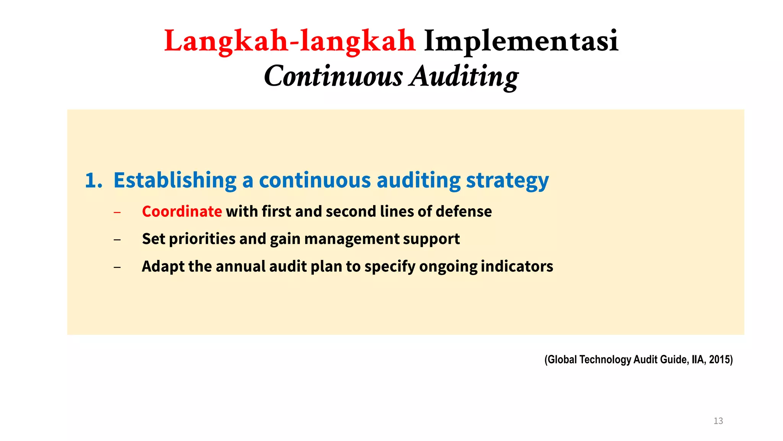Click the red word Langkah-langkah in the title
tap(289, 41)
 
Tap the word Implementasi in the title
tap(521, 41)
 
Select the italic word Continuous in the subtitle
tap(333, 76)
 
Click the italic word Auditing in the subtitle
tap(465, 76)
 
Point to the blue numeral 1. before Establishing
tap(93, 181)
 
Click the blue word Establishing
tap(175, 181)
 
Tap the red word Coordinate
tap(182, 212)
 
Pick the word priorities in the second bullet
tap(202, 239)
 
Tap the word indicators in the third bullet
tap(517, 267)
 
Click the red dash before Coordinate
tap(117, 212)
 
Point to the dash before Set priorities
tap(117, 240)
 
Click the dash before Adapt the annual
tap(117, 267)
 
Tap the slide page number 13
tap(718, 421)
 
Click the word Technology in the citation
tap(605, 360)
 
